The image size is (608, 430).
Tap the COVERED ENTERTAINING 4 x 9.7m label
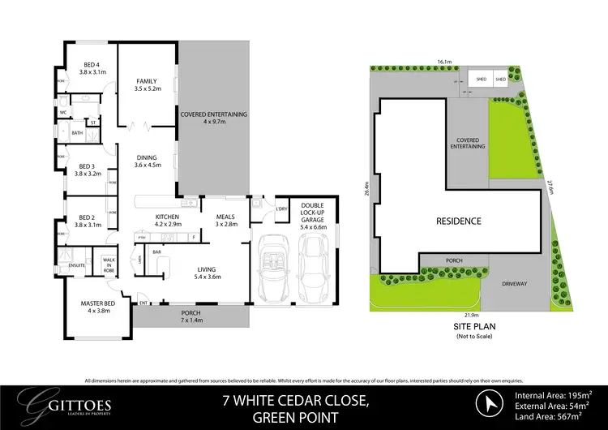pyautogui.click(x=213, y=118)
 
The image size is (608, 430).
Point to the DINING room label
pyautogui.click(x=148, y=161)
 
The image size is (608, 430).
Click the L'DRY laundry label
pyautogui.click(x=283, y=209)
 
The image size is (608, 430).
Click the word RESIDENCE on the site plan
pyautogui.click(x=458, y=221)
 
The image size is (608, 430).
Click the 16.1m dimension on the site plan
pyautogui.click(x=443, y=61)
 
